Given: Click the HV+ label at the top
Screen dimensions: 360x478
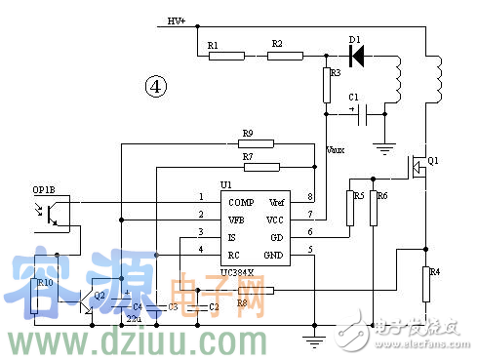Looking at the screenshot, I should click(x=177, y=20).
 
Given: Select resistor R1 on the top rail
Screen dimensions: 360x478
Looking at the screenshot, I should click(x=225, y=57).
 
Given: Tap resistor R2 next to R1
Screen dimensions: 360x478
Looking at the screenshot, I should click(x=287, y=57).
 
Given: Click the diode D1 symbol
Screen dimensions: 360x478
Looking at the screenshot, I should click(x=356, y=57).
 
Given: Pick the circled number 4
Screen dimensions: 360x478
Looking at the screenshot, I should click(x=156, y=87).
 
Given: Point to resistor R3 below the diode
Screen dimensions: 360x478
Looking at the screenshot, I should click(x=328, y=86).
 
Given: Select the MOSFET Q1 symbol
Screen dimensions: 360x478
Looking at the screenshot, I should click(x=417, y=168).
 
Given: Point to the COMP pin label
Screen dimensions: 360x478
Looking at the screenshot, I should click(x=241, y=199).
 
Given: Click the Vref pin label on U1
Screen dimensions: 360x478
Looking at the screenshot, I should click(x=277, y=199).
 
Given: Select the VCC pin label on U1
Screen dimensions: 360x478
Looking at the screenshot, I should click(x=276, y=217).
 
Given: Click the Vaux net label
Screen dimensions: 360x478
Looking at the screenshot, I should click(x=336, y=149).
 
